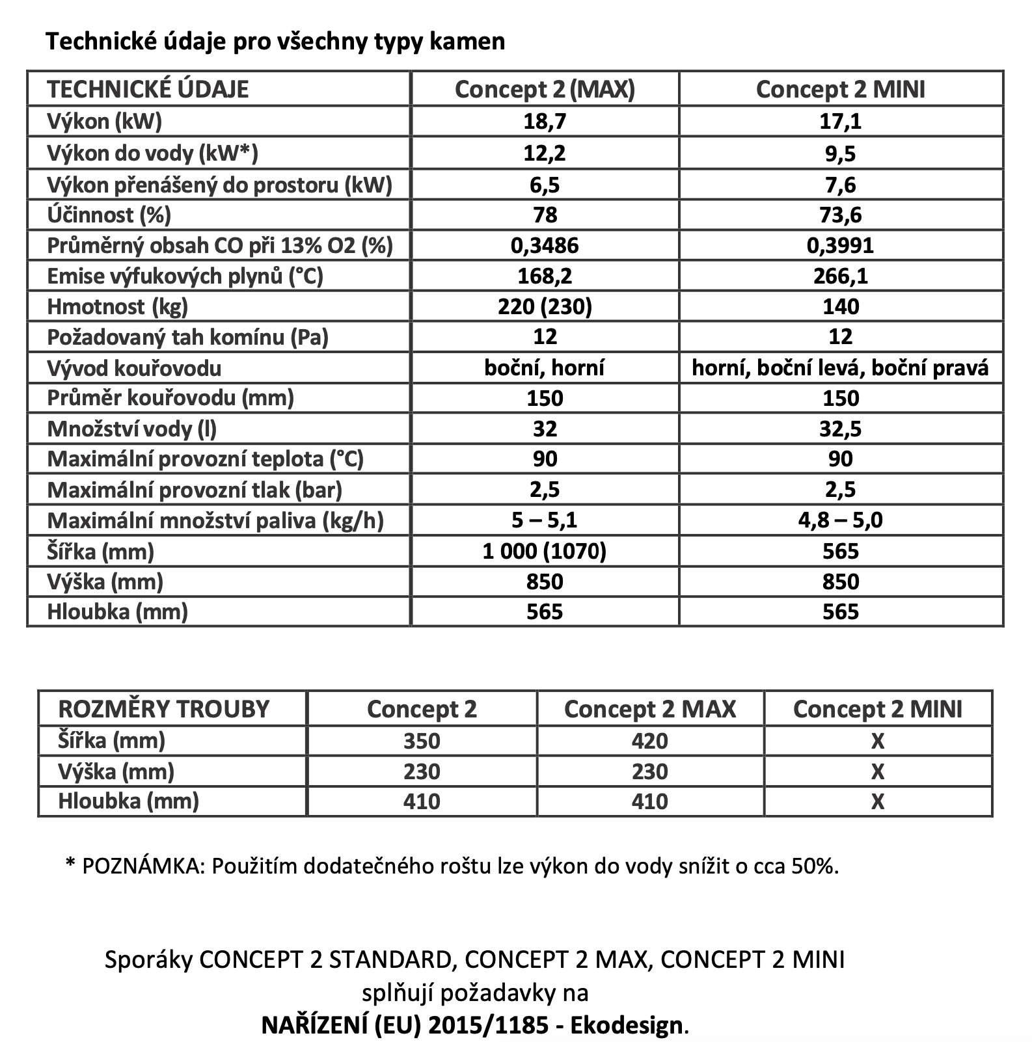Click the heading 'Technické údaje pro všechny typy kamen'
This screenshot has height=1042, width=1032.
[x=275, y=42]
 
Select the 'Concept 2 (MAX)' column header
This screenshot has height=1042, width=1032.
[x=545, y=89]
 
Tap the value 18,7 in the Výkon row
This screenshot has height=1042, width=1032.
[x=545, y=122]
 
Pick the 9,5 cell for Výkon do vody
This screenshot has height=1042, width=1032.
[x=841, y=154]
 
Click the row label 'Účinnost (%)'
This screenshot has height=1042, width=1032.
[x=109, y=215]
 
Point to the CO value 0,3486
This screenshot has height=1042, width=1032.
[x=545, y=245]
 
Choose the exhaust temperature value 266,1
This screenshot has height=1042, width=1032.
[x=841, y=276]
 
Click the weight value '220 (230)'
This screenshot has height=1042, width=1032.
[x=545, y=306]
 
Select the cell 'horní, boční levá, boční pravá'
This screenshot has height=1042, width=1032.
[x=841, y=368]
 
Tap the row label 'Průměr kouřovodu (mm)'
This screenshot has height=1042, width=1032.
[x=170, y=397]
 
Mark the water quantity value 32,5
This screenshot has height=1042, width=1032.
[x=841, y=429]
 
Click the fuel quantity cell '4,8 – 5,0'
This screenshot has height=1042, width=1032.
[x=841, y=521]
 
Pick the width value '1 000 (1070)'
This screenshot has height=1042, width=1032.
[x=545, y=552]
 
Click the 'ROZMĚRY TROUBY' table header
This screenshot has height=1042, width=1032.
[x=164, y=709]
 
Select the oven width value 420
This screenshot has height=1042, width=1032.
[x=649, y=741]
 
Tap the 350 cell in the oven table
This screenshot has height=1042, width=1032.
[x=422, y=741]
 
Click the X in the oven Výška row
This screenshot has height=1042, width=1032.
[x=877, y=771]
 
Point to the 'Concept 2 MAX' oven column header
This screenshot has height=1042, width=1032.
[x=649, y=709]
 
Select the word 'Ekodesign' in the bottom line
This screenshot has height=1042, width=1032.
[x=627, y=1026]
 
